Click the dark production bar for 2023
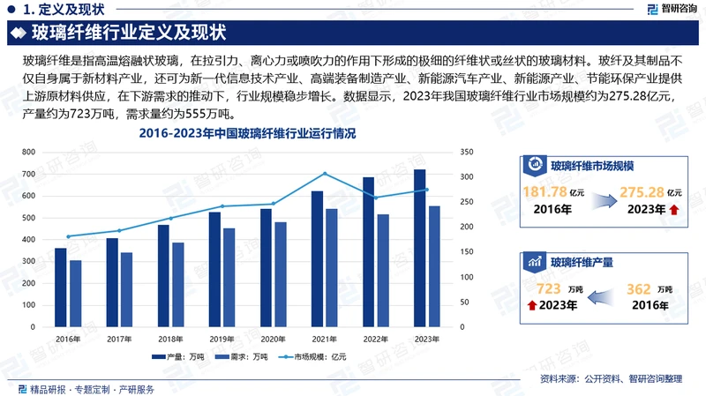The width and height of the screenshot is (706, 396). [420, 248]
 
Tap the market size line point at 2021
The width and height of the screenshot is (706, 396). [325, 174]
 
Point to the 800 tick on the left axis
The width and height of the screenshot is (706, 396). [28, 153]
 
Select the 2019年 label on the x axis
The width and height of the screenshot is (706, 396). [222, 340]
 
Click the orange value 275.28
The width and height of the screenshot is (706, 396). [641, 192]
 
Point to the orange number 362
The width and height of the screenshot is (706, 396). [638, 288]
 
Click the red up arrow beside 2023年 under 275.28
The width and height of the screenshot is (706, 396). [674, 210]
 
